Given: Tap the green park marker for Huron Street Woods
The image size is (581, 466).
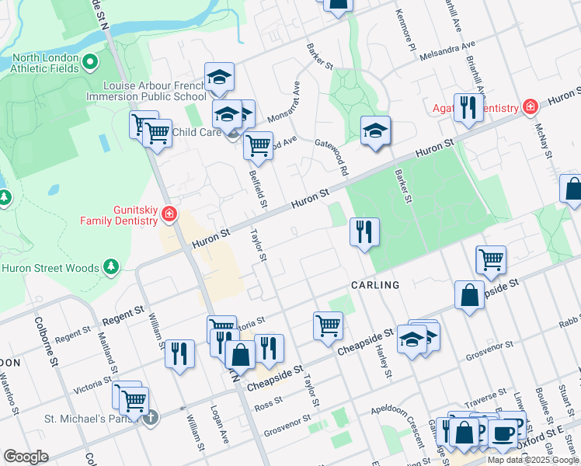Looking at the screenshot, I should pos(110,268).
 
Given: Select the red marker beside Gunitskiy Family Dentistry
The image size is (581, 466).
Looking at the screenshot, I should pos(169,215).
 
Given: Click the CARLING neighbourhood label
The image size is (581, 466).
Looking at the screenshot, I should pos(374,285).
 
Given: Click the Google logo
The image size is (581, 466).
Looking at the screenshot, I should pos(26,457).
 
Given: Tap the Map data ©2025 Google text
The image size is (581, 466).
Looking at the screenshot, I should pos(533,460).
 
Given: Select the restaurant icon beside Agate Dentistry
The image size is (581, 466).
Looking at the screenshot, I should pos(468,108).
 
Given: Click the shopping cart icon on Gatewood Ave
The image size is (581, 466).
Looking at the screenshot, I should pos(258,144).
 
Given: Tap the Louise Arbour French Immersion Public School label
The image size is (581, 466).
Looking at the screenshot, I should pos(155,91).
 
